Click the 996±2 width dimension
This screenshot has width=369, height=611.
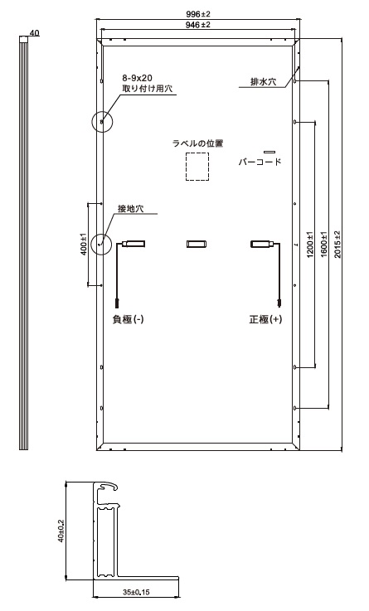pyautogui.click(x=198, y=14)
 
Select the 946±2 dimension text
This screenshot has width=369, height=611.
pyautogui.click(x=198, y=25)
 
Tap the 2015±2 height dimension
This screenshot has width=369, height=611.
pyautogui.click(x=337, y=245)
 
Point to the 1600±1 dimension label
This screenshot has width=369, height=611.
pyautogui.click(x=323, y=245)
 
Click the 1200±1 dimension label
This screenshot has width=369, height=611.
pyautogui.click(x=310, y=245)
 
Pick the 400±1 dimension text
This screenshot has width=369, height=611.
pyautogui.click(x=83, y=245)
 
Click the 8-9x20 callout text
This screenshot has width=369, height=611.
pyautogui.click(x=137, y=79)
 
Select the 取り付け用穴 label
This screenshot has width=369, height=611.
pyautogui.click(x=148, y=89)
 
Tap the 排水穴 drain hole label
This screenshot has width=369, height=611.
pyautogui.click(x=263, y=82)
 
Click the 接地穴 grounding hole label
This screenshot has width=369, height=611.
pyautogui.click(x=131, y=209)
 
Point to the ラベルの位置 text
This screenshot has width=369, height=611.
pyautogui.click(x=198, y=143)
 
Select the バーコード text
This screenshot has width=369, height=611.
pyautogui.click(x=260, y=162)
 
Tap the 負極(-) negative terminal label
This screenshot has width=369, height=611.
pyautogui.click(x=129, y=319)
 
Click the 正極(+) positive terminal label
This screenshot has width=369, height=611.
pyautogui.click(x=265, y=319)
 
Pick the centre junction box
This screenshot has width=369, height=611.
pyautogui.click(x=197, y=245)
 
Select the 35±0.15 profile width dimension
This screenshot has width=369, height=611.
pyautogui.click(x=136, y=592)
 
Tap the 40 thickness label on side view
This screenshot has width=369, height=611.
pyautogui.click(x=34, y=33)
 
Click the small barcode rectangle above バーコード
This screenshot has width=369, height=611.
pyautogui.click(x=269, y=152)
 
